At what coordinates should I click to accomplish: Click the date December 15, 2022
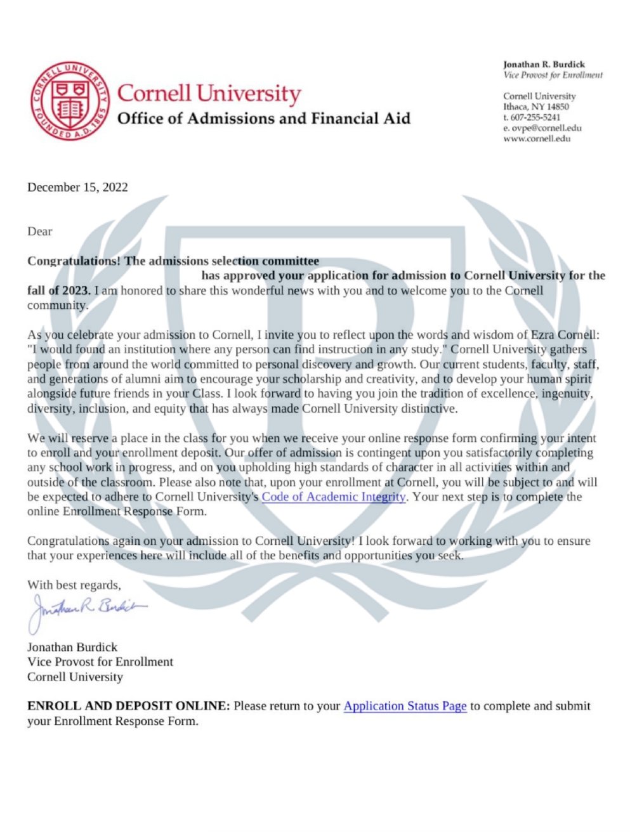77,187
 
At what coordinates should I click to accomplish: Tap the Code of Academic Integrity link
334,497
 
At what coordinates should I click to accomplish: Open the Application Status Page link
405,706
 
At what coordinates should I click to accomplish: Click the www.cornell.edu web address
537,138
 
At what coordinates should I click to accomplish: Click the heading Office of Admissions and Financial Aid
264,119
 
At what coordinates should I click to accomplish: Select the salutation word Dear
39,231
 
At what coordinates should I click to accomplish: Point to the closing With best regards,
74,585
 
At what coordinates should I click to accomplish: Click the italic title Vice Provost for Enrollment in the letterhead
553,75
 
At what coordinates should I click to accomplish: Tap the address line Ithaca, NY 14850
536,107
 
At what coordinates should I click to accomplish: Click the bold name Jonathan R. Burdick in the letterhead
544,64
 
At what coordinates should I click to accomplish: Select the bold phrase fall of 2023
59,290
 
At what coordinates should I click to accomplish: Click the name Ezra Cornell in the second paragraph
564,335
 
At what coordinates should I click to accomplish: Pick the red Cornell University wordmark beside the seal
209,93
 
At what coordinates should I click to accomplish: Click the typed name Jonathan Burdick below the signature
72,647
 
